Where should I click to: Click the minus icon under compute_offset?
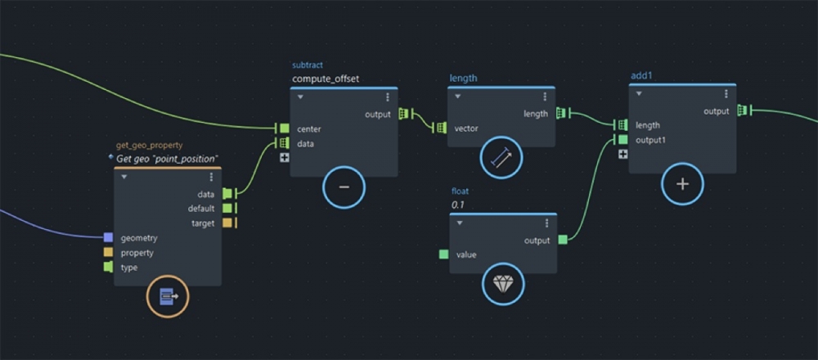tap(344, 187)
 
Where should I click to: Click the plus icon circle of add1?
tap(682, 184)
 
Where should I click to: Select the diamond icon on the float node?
tap(502, 284)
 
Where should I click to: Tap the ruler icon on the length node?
tap(501, 157)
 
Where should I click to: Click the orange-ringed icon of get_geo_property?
tap(168, 297)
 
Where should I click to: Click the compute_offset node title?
tap(326, 79)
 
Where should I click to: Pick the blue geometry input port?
tap(108, 238)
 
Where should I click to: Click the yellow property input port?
tap(108, 253)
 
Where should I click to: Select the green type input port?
tap(108, 268)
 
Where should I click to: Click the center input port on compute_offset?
tap(283, 128)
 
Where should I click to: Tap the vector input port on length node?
tap(441, 128)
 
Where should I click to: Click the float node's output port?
tap(563, 240)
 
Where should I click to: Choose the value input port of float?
tap(443, 254)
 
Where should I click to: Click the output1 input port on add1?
tap(622, 140)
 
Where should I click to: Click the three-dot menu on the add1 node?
tap(726, 94)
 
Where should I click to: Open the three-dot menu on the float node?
tap(546, 223)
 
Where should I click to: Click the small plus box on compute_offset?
tap(284, 157)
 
